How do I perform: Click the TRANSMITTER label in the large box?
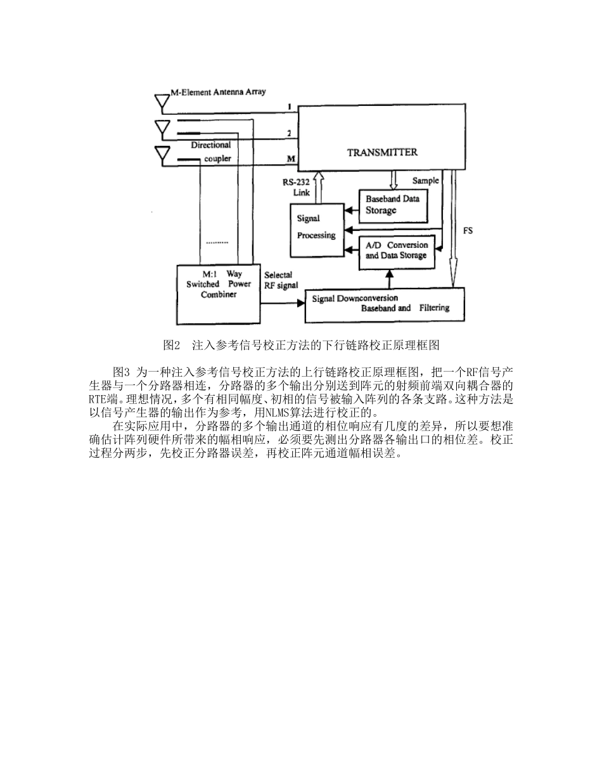pos(382,152)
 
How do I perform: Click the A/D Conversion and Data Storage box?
pos(397,251)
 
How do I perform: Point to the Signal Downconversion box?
pos(385,304)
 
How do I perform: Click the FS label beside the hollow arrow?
pos(468,231)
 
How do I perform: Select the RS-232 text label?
pos(295,182)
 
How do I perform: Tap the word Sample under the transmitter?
pos(425,181)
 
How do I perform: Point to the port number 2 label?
pos(289,133)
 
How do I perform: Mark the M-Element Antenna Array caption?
pos(219,92)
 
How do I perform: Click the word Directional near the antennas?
pos(211,145)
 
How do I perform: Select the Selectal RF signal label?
pos(281,280)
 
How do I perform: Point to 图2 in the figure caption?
pos(171,346)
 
